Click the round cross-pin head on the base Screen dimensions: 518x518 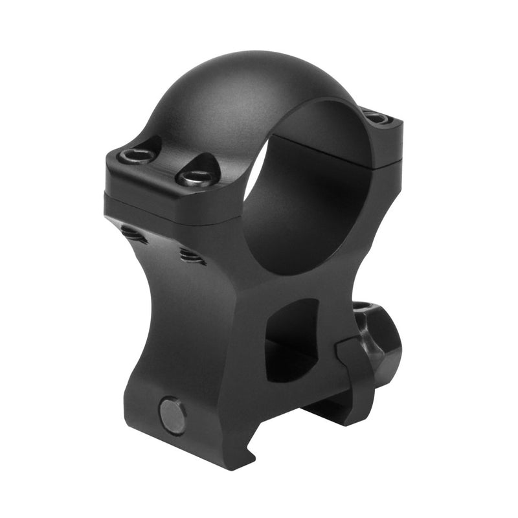point(173,414)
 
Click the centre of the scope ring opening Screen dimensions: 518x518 point(304,194)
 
